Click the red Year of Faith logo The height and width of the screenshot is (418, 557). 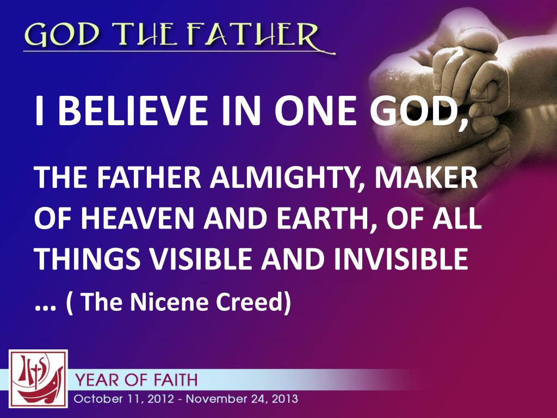pyautogui.click(x=38, y=379)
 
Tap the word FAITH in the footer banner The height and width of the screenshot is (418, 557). pyautogui.click(x=177, y=379)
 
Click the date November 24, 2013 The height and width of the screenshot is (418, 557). pyautogui.click(x=242, y=399)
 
